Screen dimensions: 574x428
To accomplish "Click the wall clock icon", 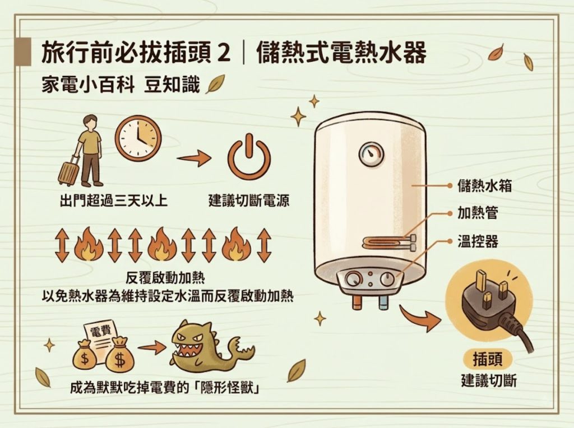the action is [138, 138].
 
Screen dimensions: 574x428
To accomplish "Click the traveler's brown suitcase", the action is [69, 171].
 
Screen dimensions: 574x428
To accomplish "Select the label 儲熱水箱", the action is [484, 185].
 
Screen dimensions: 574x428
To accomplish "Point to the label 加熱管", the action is [478, 213].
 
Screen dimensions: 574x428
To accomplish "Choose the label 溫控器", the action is [478, 241].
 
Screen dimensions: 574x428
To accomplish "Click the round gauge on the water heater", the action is [372, 154].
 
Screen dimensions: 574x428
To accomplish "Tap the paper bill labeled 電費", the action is [100, 338].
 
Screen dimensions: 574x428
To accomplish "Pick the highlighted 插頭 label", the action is [487, 359].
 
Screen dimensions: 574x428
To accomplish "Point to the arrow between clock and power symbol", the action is [194, 157].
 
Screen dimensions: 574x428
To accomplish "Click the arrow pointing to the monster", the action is [151, 347].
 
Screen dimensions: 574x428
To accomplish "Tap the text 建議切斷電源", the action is [248, 201].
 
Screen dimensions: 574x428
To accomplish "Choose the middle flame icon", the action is [161, 244].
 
